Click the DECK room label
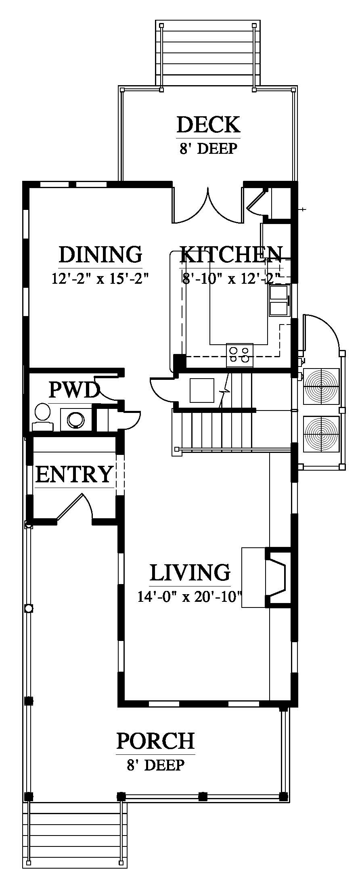click(208, 125)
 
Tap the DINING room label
click(100, 254)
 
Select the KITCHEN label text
click(231, 254)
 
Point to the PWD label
click(74, 390)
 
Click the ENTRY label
click(74, 474)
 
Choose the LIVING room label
click(190, 572)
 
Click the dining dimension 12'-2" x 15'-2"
click(100, 279)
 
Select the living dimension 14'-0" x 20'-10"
click(190, 596)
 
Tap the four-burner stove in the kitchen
click(240, 355)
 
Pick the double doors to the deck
click(208, 205)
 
